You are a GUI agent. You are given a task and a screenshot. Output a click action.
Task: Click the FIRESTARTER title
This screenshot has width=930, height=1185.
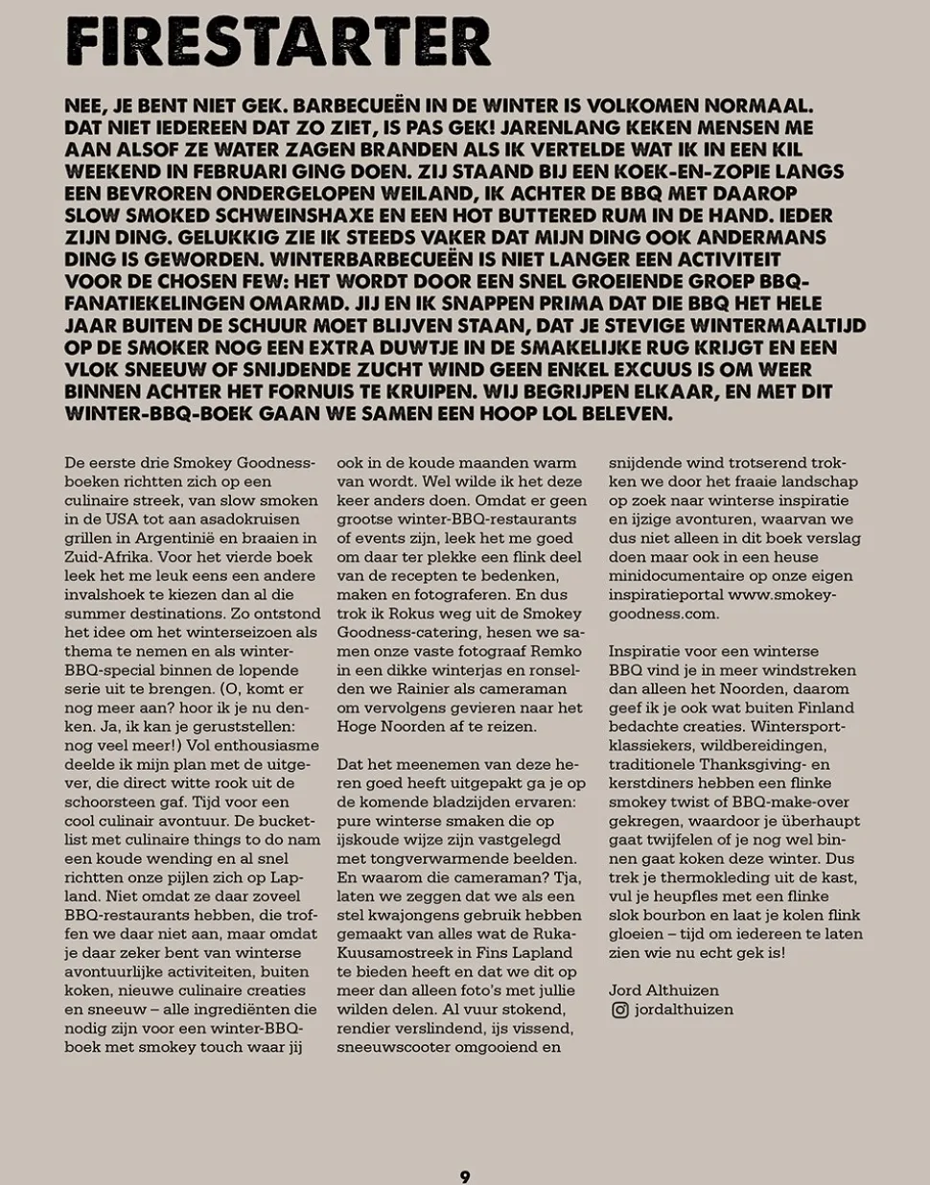278,42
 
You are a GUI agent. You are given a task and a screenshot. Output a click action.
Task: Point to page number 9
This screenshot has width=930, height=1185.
465,1176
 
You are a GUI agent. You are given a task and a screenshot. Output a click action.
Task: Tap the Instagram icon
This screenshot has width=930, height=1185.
619,1010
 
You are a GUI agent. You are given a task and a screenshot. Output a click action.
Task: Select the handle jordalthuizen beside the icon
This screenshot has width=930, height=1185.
684,1010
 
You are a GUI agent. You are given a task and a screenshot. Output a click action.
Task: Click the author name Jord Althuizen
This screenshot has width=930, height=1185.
663,990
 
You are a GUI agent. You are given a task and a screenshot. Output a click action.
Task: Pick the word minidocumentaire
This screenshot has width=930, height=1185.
668,576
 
